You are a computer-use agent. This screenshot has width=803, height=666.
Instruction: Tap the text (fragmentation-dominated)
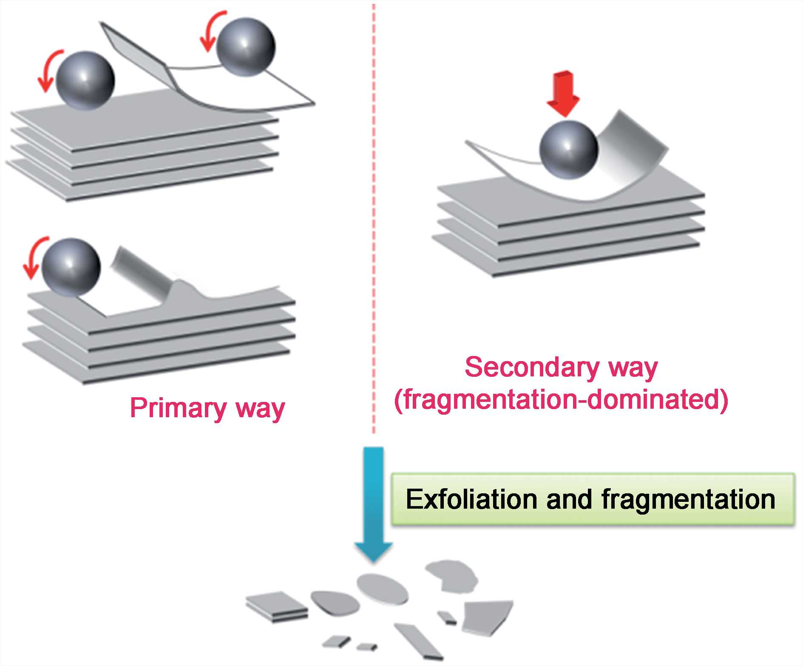tap(561, 400)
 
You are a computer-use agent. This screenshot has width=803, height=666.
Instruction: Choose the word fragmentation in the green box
tap(688, 500)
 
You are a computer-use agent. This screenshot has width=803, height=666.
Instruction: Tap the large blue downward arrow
tap(374, 502)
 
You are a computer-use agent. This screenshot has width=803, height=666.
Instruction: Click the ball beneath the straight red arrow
tap(569, 150)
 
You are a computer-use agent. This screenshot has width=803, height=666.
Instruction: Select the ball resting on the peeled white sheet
tap(246, 47)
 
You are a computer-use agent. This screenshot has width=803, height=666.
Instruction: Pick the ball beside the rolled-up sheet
tap(71, 267)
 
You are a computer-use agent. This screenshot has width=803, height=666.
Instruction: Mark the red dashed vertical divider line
tap(374, 213)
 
